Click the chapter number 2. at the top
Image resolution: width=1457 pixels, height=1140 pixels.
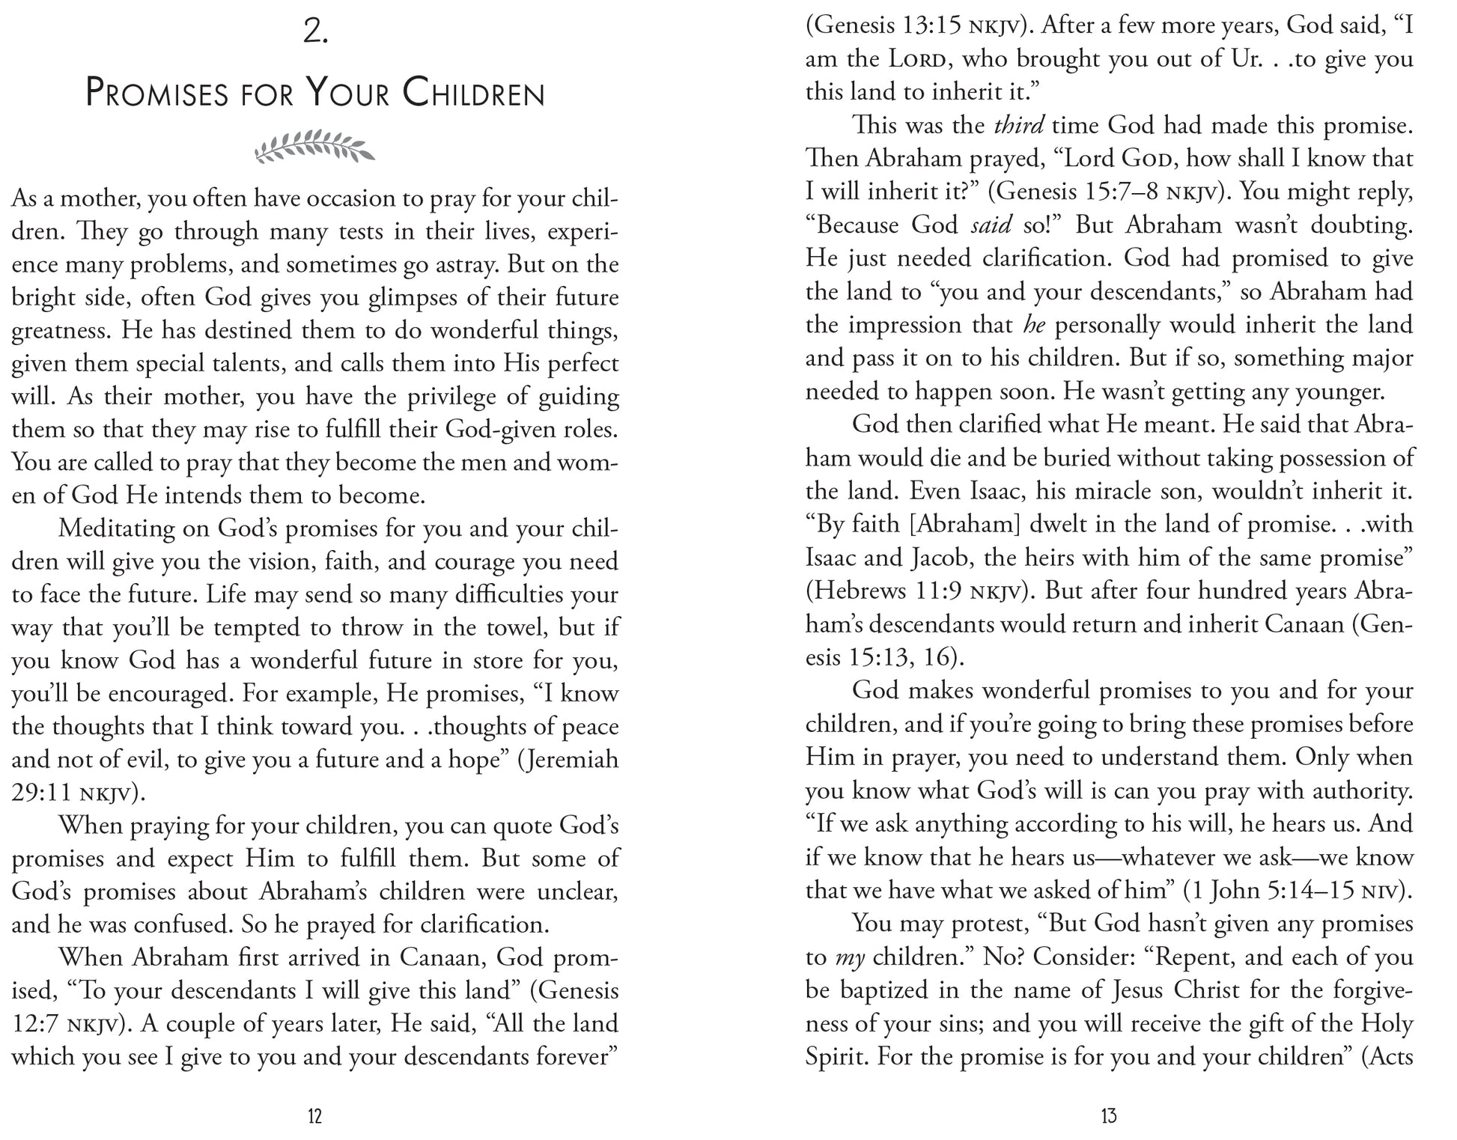point(315,34)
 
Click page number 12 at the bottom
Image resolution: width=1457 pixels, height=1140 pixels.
point(314,1116)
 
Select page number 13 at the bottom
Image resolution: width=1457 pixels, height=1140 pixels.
point(1109,1116)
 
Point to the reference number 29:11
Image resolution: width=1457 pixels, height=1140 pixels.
point(41,793)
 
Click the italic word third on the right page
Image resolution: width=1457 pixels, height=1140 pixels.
point(1018,126)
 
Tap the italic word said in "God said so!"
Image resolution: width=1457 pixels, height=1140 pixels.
point(990,225)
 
